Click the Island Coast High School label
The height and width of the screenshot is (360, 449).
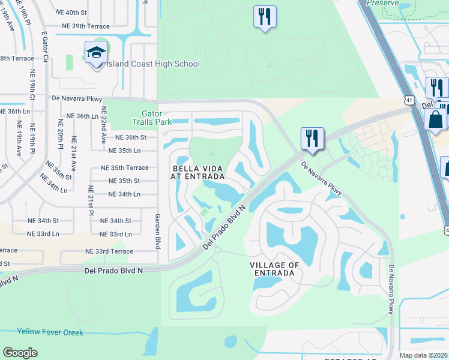pyautogui.click(x=151, y=64)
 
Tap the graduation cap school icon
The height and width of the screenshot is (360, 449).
pyautogui.click(x=96, y=53)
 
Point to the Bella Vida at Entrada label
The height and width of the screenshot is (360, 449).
pyautogui.click(x=199, y=173)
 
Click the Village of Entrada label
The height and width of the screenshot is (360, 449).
pyautogui.click(x=274, y=269)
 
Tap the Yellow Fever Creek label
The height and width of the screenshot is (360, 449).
pyautogui.click(x=50, y=332)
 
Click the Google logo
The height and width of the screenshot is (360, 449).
pyautogui.click(x=20, y=353)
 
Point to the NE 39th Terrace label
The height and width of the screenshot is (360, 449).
pyautogui.click(x=86, y=26)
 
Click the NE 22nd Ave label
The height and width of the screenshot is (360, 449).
pyautogui.click(x=104, y=124)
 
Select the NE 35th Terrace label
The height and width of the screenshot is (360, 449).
pyautogui.click(x=124, y=168)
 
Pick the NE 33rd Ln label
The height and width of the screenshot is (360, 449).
pyautogui.click(x=115, y=234)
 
